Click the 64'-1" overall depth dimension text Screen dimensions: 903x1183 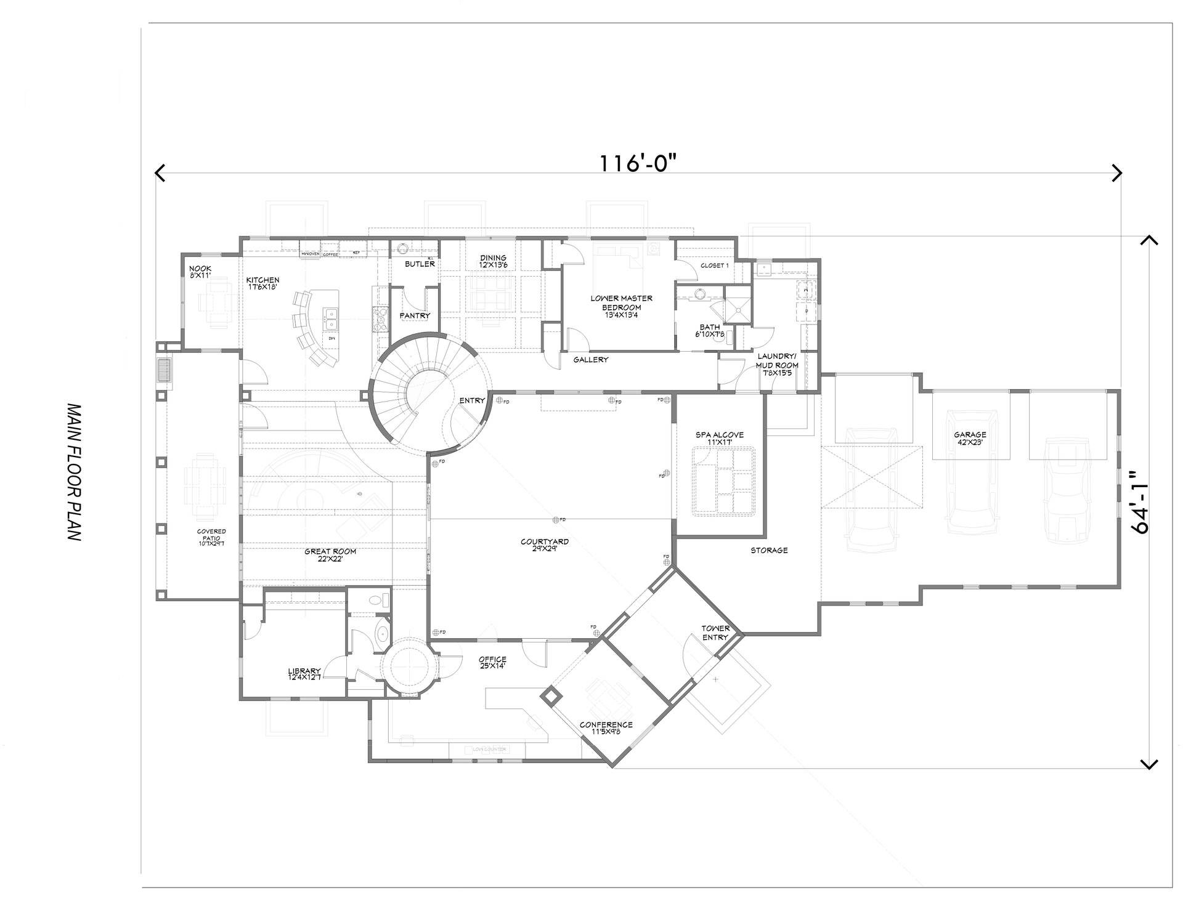[1139, 502]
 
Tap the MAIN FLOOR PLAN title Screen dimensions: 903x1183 [74, 472]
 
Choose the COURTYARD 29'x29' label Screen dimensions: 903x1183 [544, 545]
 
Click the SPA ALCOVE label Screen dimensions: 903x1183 [720, 438]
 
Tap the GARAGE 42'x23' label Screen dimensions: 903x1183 [970, 438]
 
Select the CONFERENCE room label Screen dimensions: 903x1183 [606, 728]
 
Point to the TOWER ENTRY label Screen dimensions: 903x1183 [715, 633]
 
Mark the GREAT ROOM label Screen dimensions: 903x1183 [330, 555]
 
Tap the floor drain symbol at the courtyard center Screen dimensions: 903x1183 [556, 520]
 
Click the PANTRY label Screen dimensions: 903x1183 [415, 315]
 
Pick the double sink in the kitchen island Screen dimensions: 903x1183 [331, 318]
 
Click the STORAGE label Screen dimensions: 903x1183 [769, 550]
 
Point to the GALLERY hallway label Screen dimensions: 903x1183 [590, 360]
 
